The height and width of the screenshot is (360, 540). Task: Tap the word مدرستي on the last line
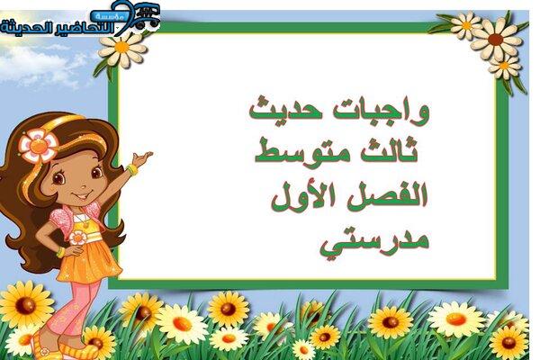374,242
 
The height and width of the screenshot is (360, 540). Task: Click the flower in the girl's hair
38,147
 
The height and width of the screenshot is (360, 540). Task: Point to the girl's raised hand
142,158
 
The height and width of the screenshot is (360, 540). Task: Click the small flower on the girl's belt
77,238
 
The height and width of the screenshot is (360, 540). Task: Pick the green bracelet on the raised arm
131,169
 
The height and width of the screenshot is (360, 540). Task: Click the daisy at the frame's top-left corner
121,48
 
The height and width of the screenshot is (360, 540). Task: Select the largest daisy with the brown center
496,39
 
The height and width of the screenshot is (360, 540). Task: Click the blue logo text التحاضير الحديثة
58,28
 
